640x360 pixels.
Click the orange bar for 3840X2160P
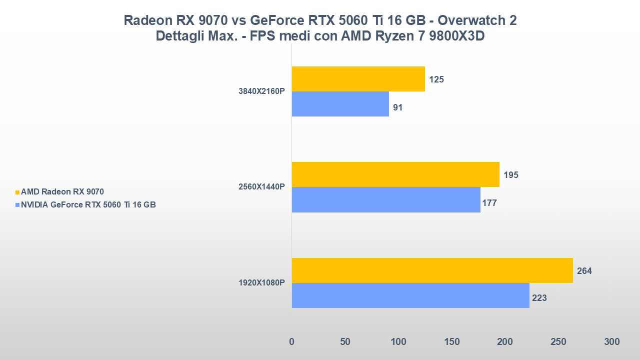[x=358, y=79]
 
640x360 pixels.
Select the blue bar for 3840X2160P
[x=340, y=104]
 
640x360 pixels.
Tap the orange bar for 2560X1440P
[x=395, y=174]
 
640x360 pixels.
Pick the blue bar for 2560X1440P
[x=385, y=199]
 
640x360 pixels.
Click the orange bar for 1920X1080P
[x=432, y=270]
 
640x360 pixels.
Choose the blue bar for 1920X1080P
[x=410, y=295]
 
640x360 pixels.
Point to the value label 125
[x=436, y=79]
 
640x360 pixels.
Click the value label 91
[x=398, y=107]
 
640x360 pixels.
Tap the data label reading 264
[x=584, y=271]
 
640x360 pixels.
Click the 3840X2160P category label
[x=261, y=91]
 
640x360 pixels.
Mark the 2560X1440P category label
[x=261, y=187]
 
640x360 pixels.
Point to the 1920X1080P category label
[x=261, y=283]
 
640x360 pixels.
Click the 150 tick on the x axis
[x=451, y=342]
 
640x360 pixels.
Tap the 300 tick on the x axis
[x=611, y=342]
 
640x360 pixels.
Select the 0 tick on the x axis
[x=291, y=342]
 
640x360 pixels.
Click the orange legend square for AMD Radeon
[x=17, y=192]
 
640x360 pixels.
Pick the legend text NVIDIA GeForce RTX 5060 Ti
[x=88, y=204]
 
